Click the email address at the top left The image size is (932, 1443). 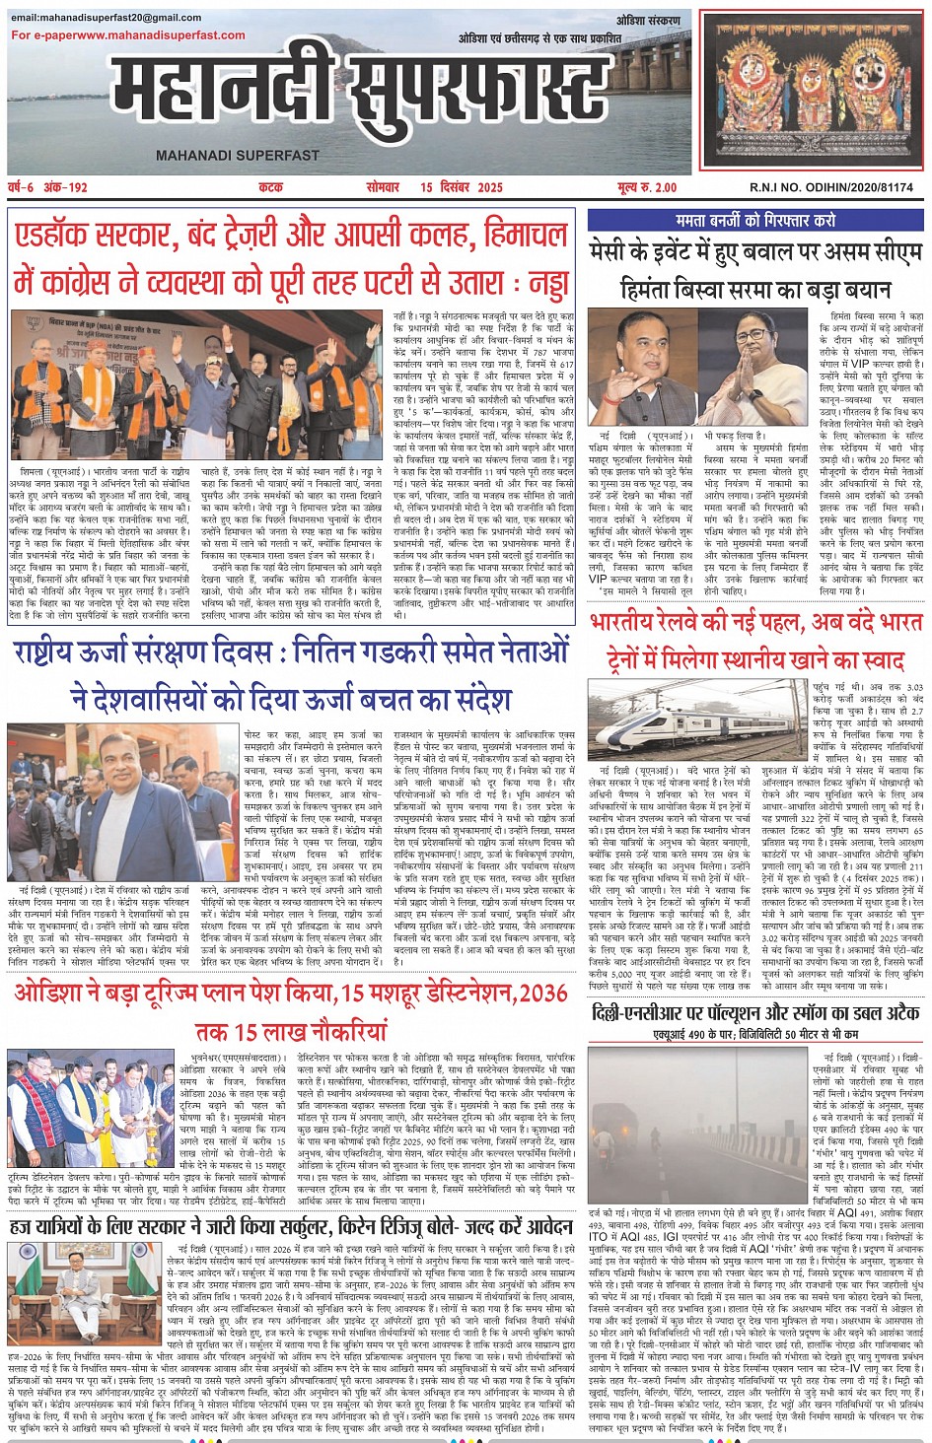pyautogui.click(x=106, y=18)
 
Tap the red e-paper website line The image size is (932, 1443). pyautogui.click(x=128, y=35)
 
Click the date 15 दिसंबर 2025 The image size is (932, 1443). pyautogui.click(x=461, y=187)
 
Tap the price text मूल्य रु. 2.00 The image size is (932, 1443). pyautogui.click(x=647, y=187)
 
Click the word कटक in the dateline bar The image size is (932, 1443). pyautogui.click(x=270, y=187)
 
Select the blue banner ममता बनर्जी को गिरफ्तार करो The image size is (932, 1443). pyautogui.click(x=755, y=221)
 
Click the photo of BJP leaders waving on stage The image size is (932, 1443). pyautogui.click(x=194, y=384)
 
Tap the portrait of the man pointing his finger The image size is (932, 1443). pyautogui.click(x=642, y=366)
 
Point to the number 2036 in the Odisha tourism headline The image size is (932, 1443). pyautogui.click(x=541, y=994)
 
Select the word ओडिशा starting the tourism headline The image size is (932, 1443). pyautogui.click(x=53, y=994)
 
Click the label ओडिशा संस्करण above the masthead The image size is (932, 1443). pyautogui.click(x=648, y=21)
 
